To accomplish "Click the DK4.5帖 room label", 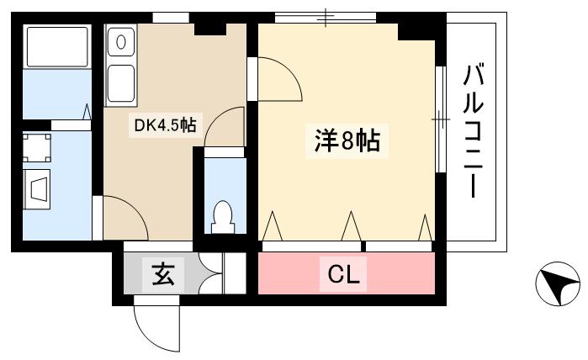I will click(166, 126).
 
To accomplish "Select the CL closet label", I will click(343, 275).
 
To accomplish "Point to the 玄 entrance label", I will click(162, 275).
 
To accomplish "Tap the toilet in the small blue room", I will click(224, 216).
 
